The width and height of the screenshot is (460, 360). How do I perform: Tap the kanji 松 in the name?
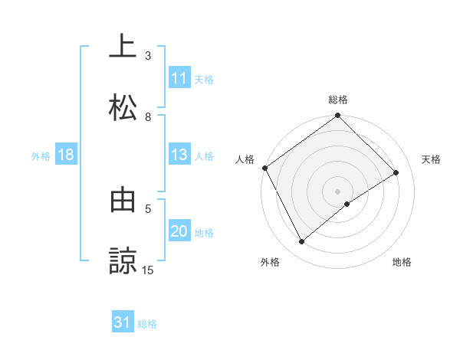123,106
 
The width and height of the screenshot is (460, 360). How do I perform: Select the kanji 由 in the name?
123,201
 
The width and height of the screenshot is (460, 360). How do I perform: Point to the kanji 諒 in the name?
123,260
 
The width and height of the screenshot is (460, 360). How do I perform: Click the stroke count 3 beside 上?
148,56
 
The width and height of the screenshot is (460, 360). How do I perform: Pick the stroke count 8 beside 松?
148,117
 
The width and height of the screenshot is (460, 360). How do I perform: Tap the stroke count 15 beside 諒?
148,270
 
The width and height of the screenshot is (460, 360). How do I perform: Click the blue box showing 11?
179,78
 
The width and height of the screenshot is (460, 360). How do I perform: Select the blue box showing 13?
179,155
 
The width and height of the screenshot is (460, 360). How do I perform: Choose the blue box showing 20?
179,232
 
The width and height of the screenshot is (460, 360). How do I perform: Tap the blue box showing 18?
66,155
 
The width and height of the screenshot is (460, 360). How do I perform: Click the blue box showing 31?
123,323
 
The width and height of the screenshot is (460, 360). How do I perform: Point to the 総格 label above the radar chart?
338,100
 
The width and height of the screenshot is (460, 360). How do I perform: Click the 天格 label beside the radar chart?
431,159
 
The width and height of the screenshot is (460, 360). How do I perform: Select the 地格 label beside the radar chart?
402,263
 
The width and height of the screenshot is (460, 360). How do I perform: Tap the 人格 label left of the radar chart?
245,159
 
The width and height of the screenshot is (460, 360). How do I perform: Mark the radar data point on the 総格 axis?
338,116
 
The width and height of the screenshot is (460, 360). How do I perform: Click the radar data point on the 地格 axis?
347,204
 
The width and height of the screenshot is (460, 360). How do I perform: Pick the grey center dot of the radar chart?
338,191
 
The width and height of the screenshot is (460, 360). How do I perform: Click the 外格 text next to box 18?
41,156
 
